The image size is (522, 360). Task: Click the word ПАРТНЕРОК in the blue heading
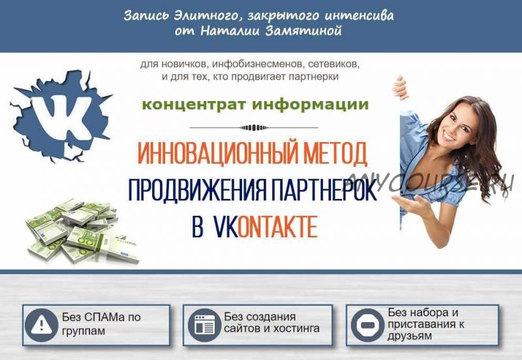pos(320,190)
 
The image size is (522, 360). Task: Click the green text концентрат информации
pos(255,104)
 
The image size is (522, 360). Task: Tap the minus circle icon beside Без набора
pos(368,324)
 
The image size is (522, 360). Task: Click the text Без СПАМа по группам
pos(101,324)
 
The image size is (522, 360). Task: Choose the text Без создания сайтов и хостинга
pos(271,323)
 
